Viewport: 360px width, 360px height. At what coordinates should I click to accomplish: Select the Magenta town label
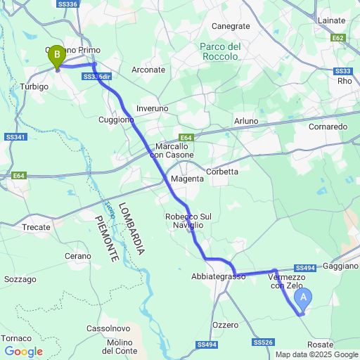tap(187, 179)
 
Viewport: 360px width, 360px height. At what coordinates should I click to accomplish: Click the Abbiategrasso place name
tap(218, 277)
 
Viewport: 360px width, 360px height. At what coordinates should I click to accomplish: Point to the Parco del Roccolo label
tap(220, 51)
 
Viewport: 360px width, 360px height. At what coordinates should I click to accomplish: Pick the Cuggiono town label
tap(116, 120)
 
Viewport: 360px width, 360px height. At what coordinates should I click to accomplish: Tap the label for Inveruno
tap(153, 108)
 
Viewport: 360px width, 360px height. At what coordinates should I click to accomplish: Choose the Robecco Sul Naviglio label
tap(184, 220)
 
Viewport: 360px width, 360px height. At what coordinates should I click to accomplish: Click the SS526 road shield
tap(262, 342)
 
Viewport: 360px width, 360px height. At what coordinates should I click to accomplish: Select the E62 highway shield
tap(338, 37)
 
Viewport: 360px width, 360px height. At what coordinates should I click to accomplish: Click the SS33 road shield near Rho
tap(342, 71)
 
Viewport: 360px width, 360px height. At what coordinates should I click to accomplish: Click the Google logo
tap(23, 352)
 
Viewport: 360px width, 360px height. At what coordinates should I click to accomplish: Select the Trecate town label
tap(37, 227)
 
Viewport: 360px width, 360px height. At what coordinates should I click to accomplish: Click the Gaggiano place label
tap(341, 266)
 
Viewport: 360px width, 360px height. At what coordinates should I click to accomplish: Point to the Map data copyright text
tap(316, 354)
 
